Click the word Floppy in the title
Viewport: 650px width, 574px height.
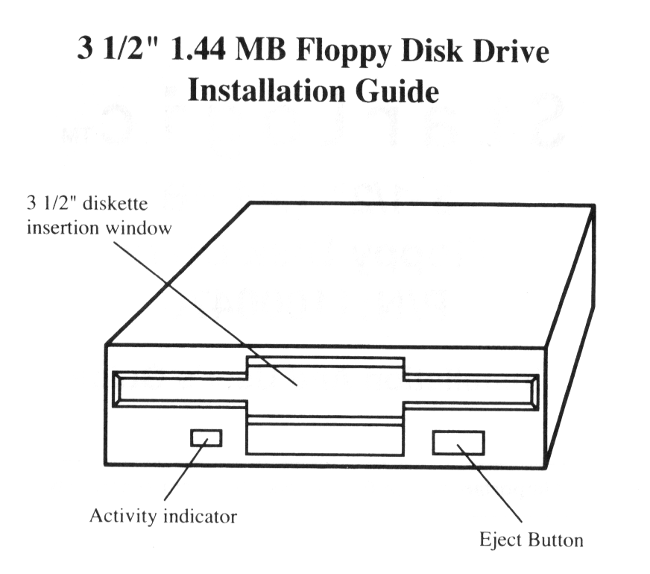coord(344,52)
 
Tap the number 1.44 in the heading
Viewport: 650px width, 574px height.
coord(198,49)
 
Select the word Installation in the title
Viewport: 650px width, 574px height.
coord(266,90)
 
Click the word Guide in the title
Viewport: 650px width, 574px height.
coord(397,90)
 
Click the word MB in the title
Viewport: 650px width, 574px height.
coord(261,50)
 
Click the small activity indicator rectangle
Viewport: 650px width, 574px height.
coord(206,438)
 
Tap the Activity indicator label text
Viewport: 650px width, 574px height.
coord(163,516)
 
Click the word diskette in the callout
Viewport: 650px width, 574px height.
coord(116,204)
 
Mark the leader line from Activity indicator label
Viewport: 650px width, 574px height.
coord(186,470)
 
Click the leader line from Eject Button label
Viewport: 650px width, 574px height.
coord(490,483)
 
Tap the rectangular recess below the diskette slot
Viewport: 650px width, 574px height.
coord(325,440)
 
